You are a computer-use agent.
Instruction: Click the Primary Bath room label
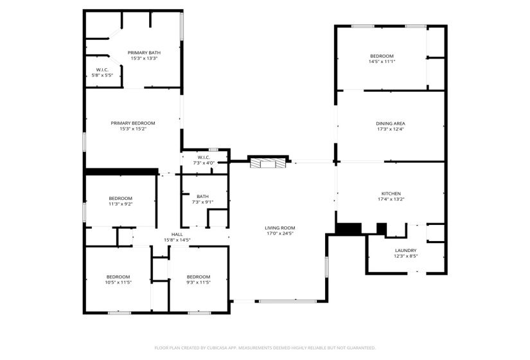(x=144, y=53)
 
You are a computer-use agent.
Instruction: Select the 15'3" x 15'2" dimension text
(x=133, y=129)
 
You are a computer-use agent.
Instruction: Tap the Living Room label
(x=280, y=228)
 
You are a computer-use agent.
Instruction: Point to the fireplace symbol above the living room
(x=267, y=163)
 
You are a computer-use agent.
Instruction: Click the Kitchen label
(x=391, y=194)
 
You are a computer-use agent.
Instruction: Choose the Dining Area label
(x=391, y=123)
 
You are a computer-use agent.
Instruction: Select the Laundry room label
(x=405, y=250)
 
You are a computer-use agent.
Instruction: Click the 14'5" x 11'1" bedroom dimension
(x=382, y=62)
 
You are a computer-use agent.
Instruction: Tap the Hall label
(x=177, y=234)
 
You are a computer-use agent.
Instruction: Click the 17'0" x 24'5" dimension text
(x=280, y=233)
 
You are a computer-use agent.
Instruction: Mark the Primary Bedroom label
(x=133, y=123)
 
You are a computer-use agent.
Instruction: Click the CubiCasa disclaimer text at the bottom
(x=265, y=348)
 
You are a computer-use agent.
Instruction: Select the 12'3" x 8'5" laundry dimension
(x=405, y=256)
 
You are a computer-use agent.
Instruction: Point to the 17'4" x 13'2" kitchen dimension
(x=391, y=199)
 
